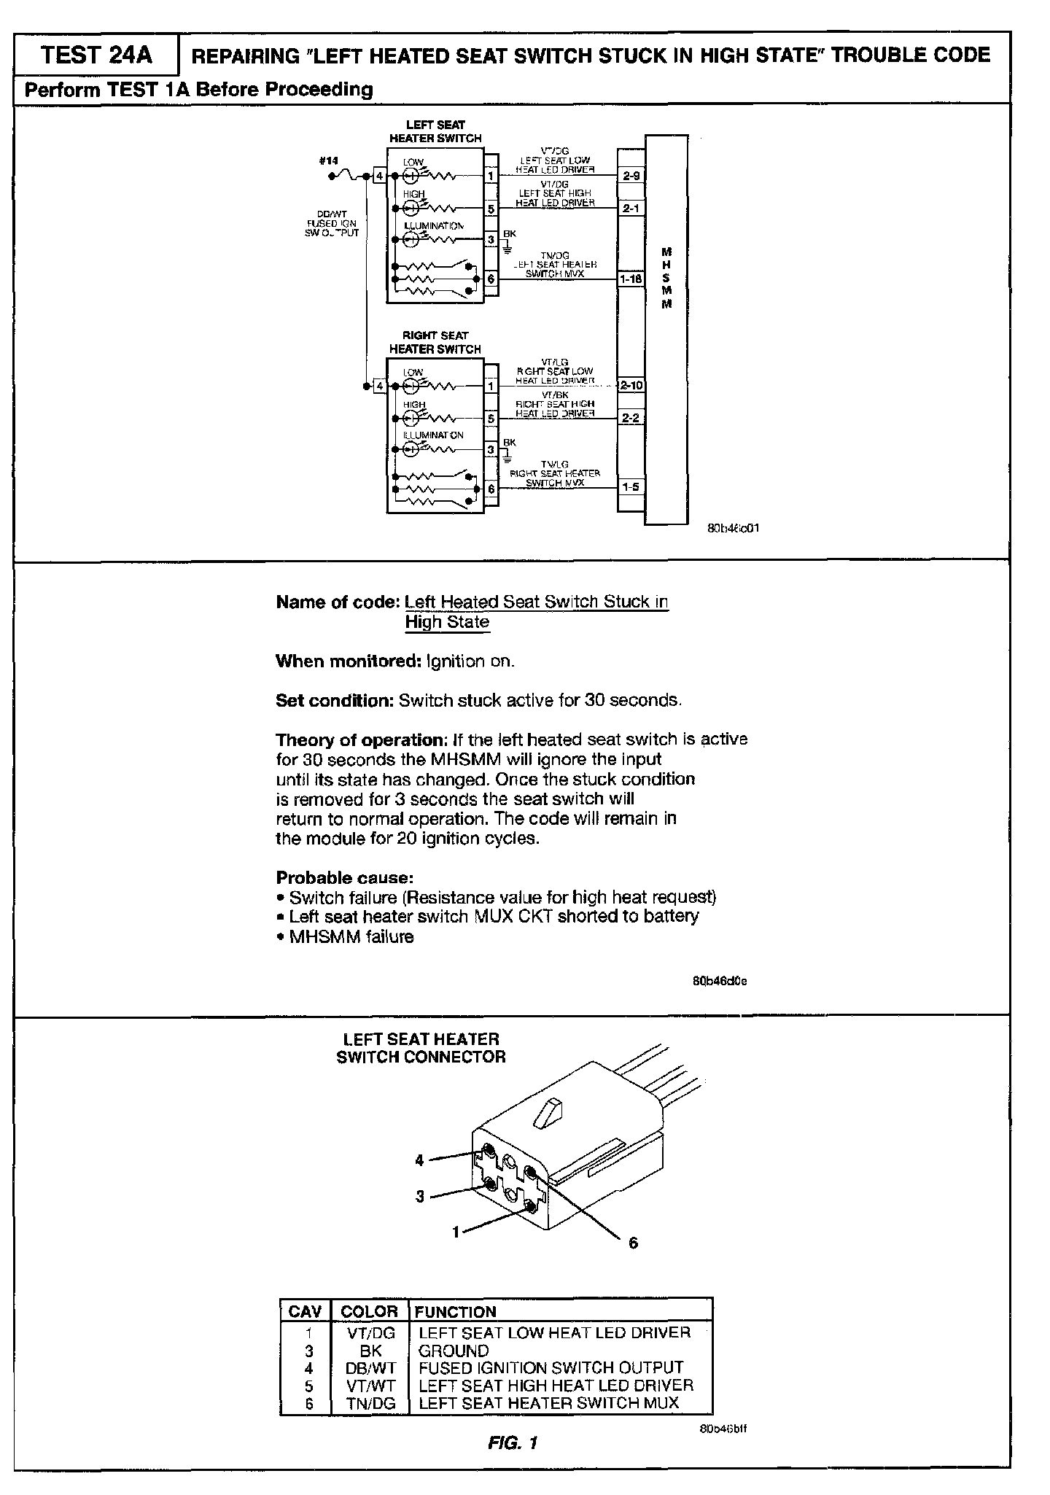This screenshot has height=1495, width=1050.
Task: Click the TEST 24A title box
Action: pos(97,55)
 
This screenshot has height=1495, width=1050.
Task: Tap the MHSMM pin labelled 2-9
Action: pos(631,176)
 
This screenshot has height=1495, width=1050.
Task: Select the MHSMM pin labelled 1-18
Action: pos(631,279)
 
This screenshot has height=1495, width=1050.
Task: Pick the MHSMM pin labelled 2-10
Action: pos(631,386)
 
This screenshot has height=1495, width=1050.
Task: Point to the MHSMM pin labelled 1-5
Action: pos(631,487)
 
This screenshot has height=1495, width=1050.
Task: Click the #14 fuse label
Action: pos(329,161)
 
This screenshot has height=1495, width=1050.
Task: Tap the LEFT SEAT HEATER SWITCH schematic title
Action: pos(435,131)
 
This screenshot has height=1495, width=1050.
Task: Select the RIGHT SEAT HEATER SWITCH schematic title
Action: pos(435,342)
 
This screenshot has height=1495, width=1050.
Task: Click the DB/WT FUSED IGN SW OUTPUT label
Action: pos(332,224)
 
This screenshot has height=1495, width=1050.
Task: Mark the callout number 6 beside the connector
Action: pos(633,1243)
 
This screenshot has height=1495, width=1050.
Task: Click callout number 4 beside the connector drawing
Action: pos(419,1160)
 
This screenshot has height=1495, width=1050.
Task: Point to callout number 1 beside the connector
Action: pos(456,1232)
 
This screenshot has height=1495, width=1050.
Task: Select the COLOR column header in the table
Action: pos(369,1311)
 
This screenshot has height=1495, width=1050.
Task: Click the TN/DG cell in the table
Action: pos(370,1402)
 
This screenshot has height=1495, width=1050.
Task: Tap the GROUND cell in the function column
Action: pos(454,1350)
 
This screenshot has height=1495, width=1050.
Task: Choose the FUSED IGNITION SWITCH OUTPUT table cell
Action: pos(551,1367)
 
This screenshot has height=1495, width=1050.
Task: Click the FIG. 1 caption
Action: pos(513,1442)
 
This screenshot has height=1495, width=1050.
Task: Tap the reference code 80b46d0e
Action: pos(719,981)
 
